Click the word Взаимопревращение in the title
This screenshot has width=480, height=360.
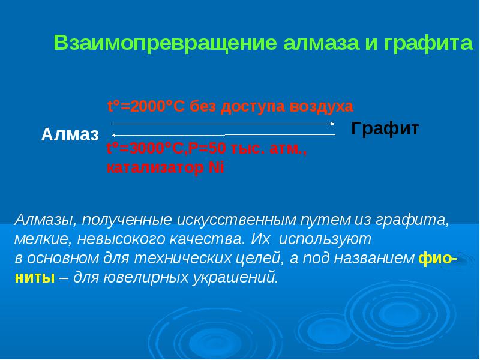point(166,43)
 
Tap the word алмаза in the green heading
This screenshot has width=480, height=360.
point(321,43)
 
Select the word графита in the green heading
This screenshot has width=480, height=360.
point(428,43)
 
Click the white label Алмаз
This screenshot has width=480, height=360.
point(70,134)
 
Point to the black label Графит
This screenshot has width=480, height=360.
point(385,128)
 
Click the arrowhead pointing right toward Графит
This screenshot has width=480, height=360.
point(333,124)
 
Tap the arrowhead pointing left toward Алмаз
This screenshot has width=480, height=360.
point(113,135)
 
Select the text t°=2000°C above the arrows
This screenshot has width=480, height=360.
point(146,107)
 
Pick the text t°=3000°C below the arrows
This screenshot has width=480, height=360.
point(145,149)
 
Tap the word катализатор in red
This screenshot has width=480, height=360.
point(155,168)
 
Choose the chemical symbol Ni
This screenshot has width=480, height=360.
point(216,168)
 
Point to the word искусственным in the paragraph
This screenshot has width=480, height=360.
point(235,220)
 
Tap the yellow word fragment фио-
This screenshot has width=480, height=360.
point(438,259)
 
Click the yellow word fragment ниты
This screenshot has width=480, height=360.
point(35,278)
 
